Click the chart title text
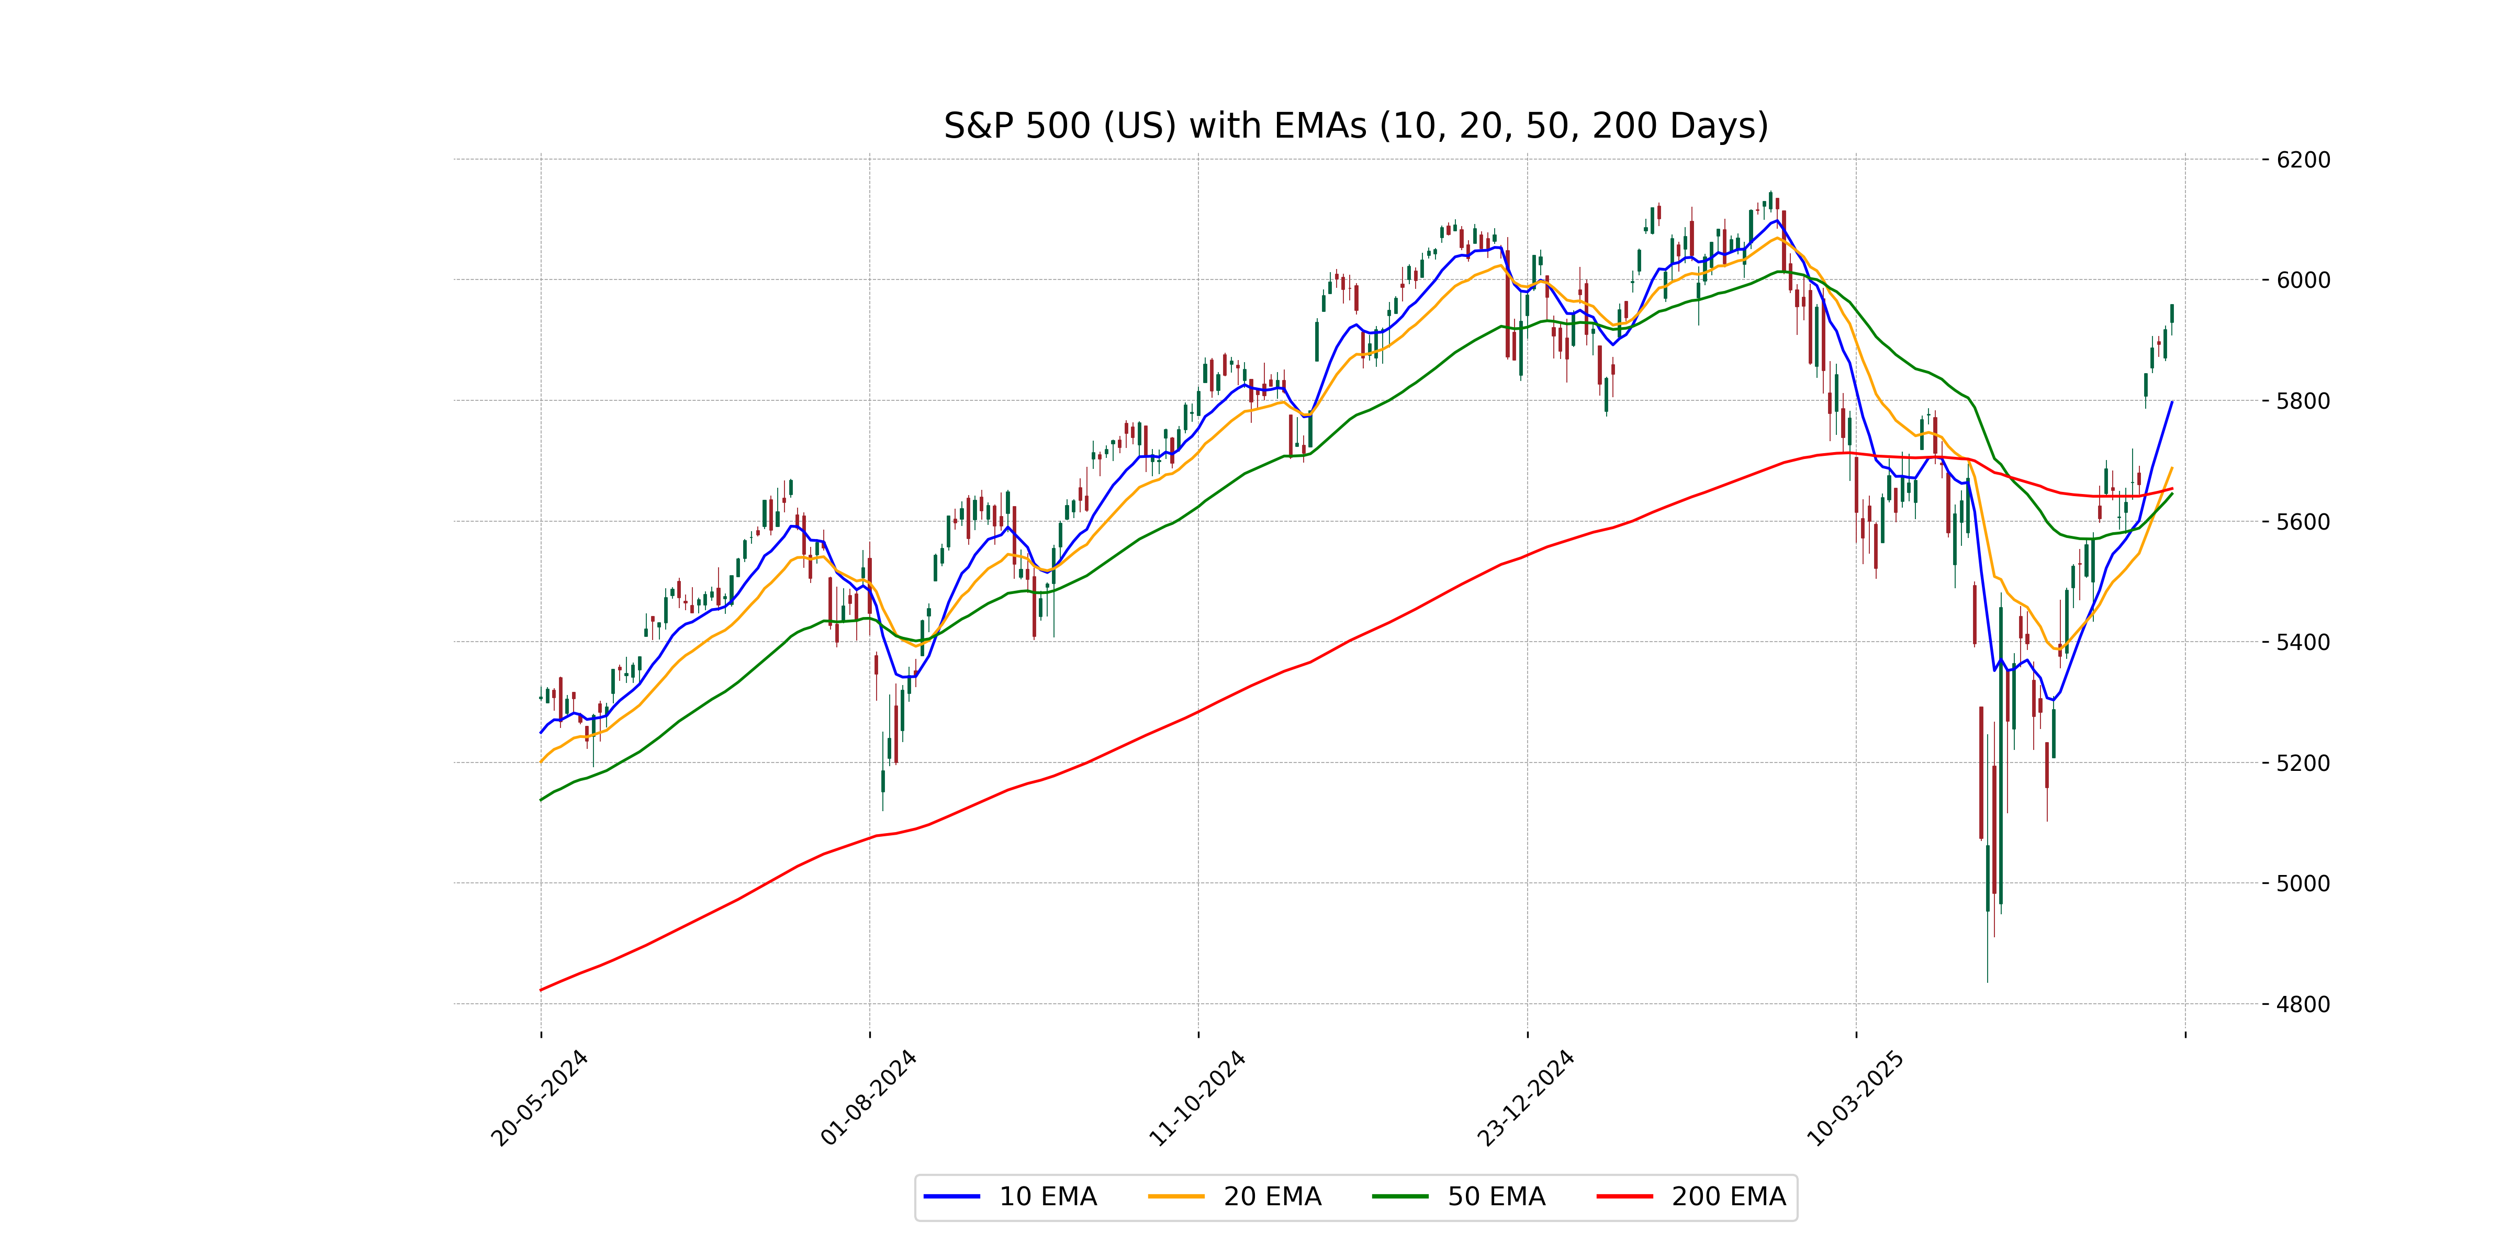click(x=1355, y=126)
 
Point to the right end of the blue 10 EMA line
click(x=2172, y=402)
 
